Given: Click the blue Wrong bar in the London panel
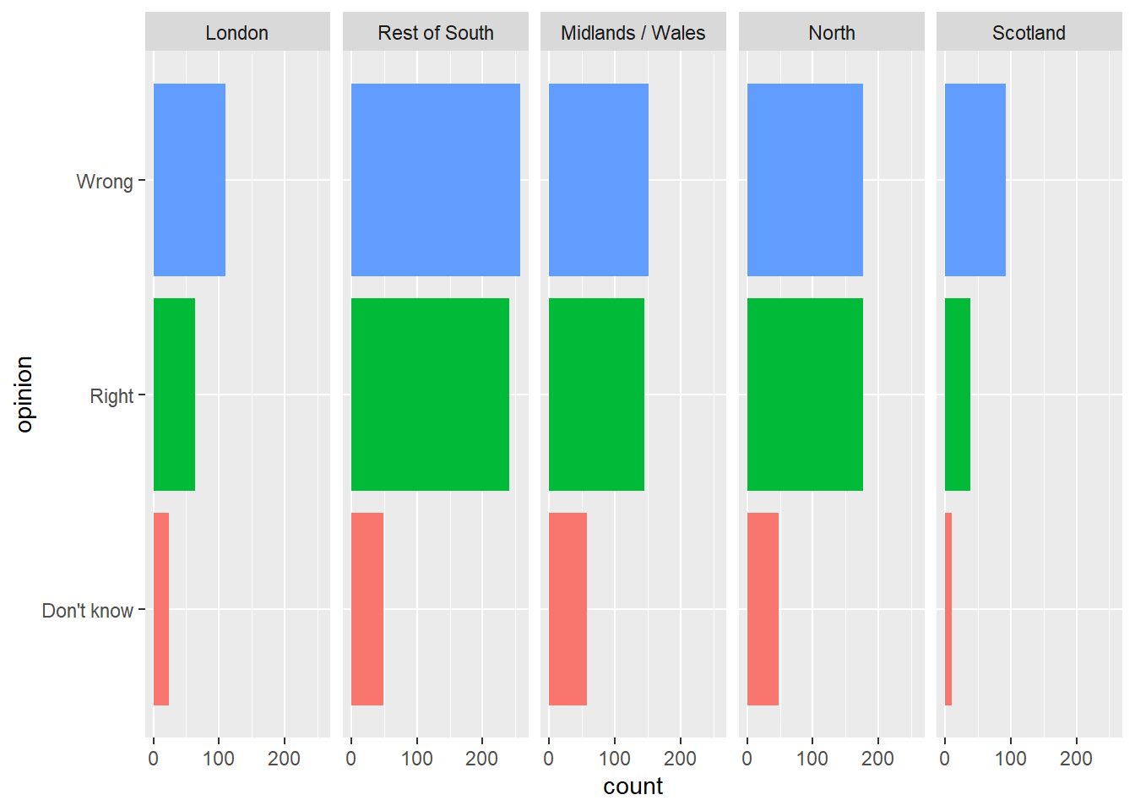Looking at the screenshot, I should coord(189,180).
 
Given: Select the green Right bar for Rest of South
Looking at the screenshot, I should coord(430,395).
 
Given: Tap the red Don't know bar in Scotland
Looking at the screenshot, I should coord(948,609).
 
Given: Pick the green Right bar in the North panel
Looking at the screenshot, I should coord(805,395).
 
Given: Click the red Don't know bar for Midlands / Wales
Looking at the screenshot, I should coord(567,609).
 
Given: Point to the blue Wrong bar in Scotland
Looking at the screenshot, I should coord(975,180).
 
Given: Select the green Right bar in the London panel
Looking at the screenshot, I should coord(174,395).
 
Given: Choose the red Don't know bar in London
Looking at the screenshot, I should coord(161,609).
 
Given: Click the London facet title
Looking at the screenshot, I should coord(237,33).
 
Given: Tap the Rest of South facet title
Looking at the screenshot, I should coord(436,33).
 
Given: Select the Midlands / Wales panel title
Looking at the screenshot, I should coord(633,33).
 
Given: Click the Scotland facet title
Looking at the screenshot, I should coord(1029,33).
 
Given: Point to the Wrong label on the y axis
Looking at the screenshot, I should coord(105,182).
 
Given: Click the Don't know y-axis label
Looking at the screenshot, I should coord(88,611).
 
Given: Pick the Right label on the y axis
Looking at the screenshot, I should coord(111,396).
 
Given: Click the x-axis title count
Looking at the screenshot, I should coord(633,787).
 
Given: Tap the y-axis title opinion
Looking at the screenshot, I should coord(24,395).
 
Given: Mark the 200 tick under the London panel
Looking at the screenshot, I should coord(284,759).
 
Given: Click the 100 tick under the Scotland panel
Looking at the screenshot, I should coord(1010,759).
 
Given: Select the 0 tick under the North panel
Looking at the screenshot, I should coord(747,759).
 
